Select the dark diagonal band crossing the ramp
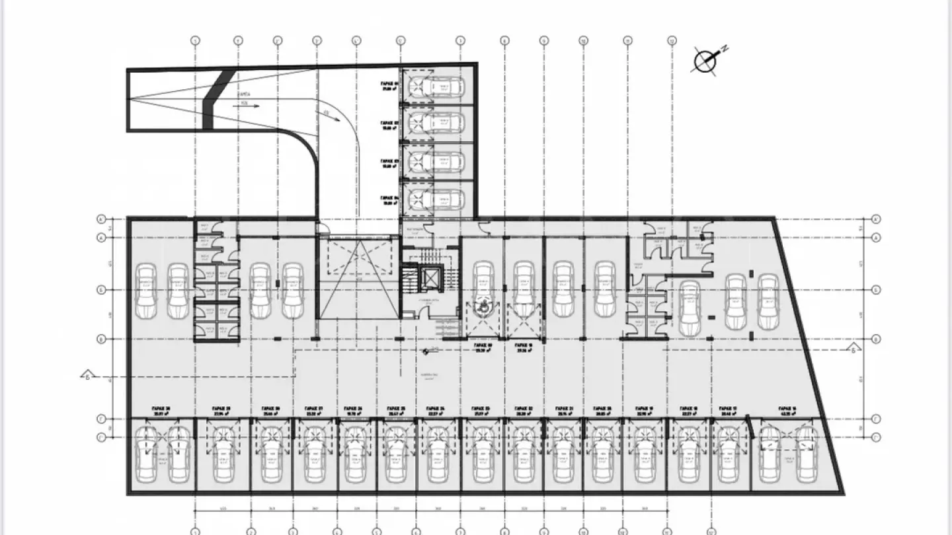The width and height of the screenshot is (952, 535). pyautogui.click(x=216, y=98)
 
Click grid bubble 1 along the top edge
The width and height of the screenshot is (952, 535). pyautogui.click(x=196, y=40)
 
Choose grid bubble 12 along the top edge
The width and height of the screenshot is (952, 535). pyautogui.click(x=672, y=40)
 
